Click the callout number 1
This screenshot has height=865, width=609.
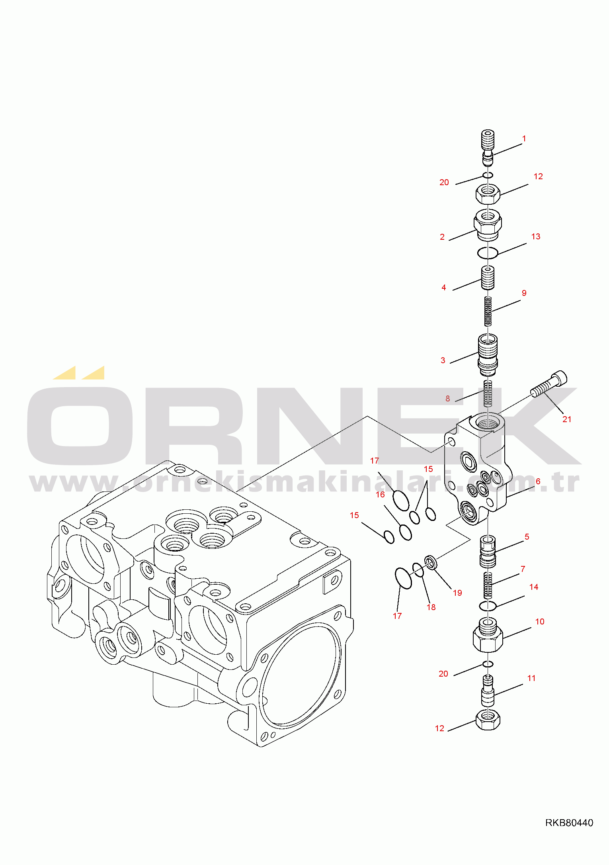point(524,139)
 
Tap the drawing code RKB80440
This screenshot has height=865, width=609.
point(569,823)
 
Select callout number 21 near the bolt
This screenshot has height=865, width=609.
point(567,419)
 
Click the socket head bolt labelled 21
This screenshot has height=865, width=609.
point(549,384)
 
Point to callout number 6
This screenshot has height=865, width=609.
point(538,481)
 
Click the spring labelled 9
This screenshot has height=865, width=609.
point(488,311)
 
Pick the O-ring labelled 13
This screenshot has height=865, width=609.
point(488,252)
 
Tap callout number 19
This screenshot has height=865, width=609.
point(457,593)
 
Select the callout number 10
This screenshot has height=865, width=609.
point(540,622)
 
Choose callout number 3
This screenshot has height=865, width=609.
point(443,360)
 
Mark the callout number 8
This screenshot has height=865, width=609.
point(448,399)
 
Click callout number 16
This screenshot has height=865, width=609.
point(380,495)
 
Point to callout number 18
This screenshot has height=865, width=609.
point(431,607)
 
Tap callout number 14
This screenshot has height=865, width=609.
point(533,587)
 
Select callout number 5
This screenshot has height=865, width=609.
point(527,537)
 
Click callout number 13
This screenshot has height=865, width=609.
point(536,237)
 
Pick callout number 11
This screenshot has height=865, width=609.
point(531,678)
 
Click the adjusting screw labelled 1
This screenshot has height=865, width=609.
point(488,147)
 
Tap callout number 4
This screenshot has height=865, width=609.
point(443,288)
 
